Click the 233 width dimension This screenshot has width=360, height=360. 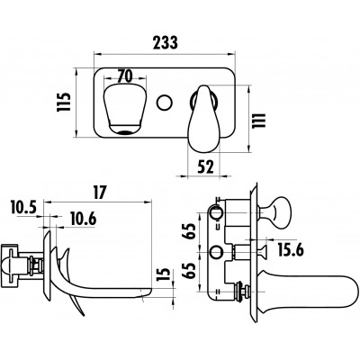166,42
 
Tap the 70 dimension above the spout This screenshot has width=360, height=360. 125,76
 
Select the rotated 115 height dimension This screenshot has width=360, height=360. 64,102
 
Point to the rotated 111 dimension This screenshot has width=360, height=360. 259,121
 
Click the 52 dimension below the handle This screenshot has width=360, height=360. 205,166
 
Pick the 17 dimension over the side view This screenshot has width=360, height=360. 100,193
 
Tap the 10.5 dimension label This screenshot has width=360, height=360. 23,207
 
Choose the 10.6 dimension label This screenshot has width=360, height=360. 84,219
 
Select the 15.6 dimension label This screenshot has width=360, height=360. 291,250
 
